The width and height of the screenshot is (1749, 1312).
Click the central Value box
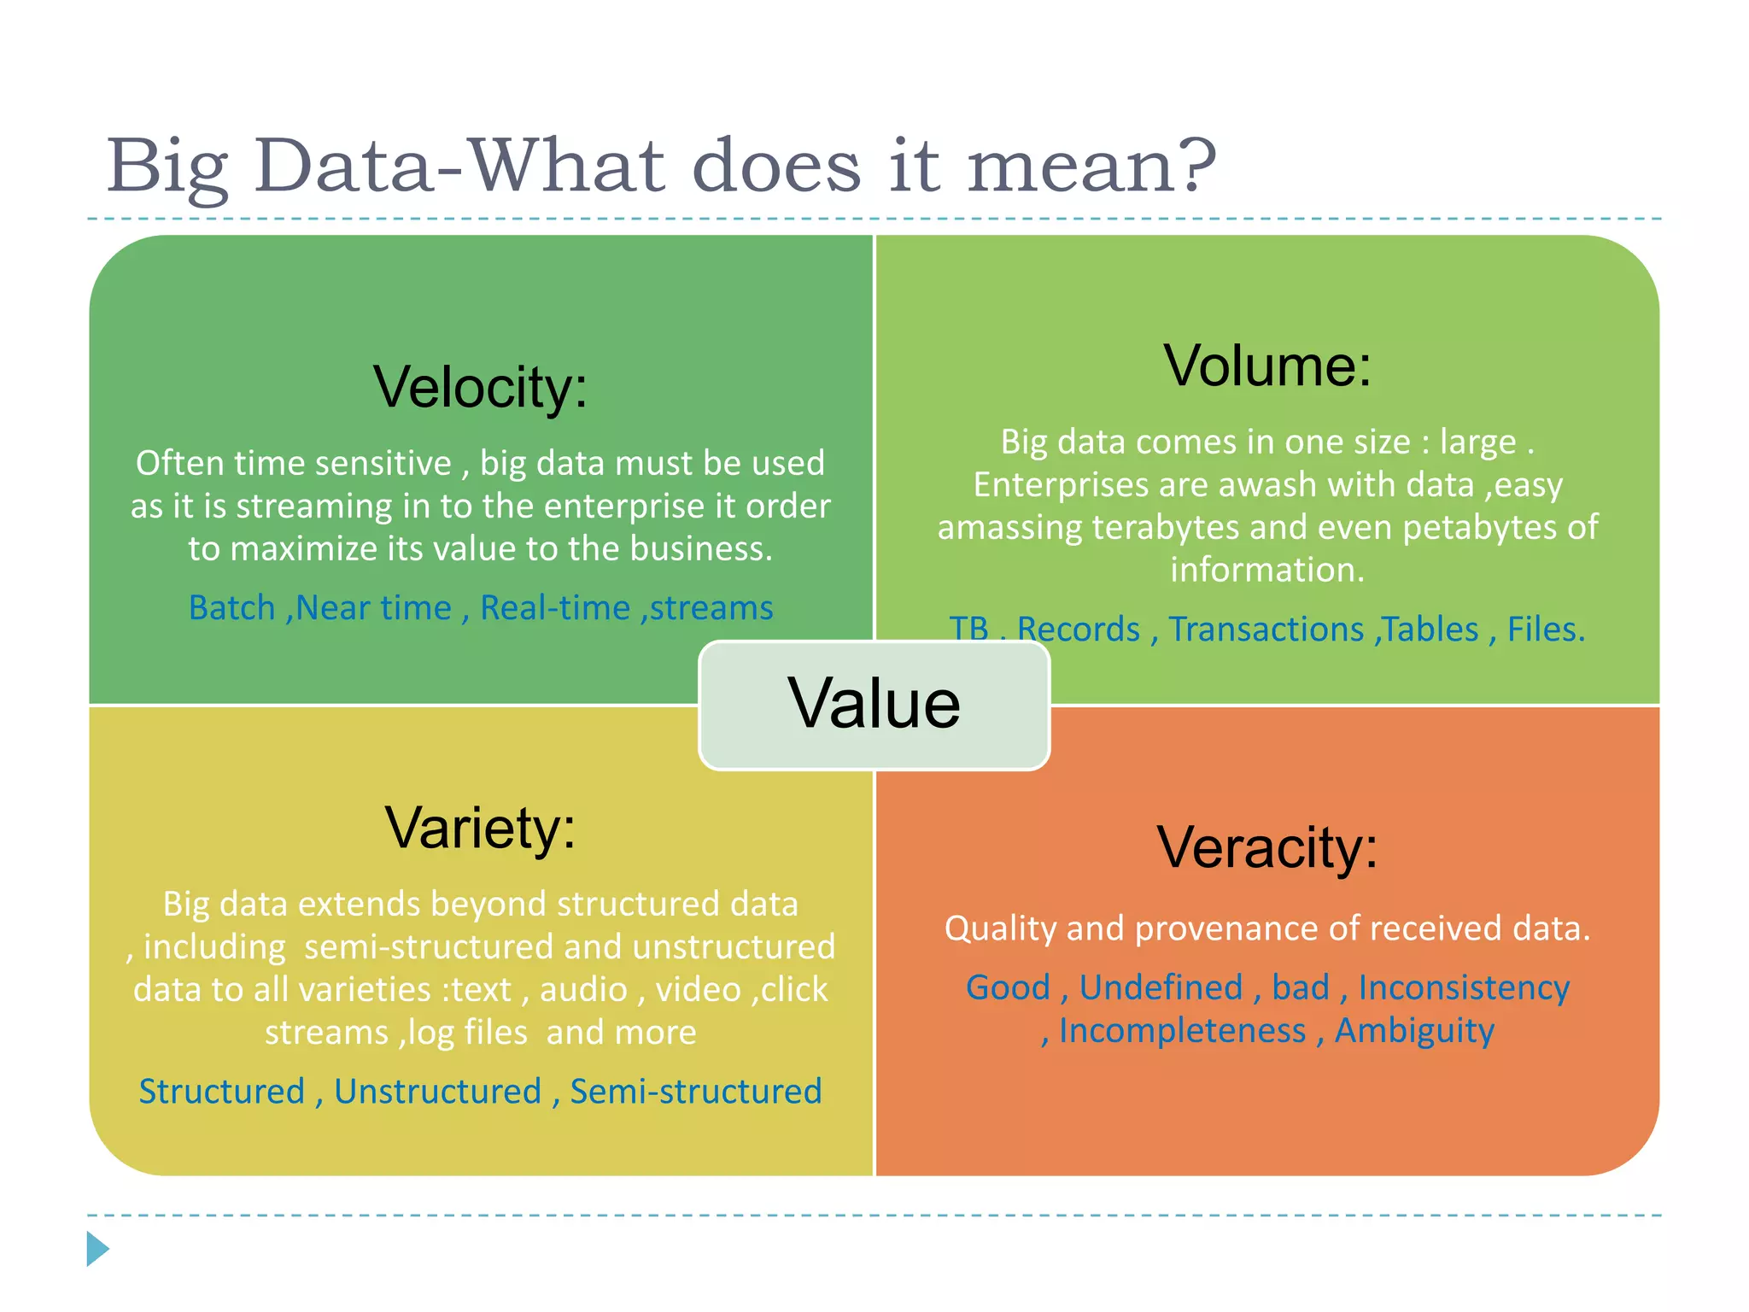(874, 705)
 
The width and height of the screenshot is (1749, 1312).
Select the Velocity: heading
(480, 388)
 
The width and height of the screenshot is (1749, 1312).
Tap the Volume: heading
(1267, 366)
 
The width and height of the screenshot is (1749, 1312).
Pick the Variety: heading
(480, 829)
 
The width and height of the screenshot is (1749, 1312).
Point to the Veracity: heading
(1267, 848)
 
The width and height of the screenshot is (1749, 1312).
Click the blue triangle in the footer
(97, 1249)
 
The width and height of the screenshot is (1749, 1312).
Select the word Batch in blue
(231, 608)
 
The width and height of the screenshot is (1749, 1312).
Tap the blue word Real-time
(555, 608)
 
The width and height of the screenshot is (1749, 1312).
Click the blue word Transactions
(1266, 630)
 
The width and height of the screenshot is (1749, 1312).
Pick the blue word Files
(1545, 630)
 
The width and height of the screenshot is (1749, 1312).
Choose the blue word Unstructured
(437, 1092)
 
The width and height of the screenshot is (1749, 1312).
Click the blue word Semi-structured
(695, 1092)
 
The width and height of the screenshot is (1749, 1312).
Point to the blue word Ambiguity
(1414, 1031)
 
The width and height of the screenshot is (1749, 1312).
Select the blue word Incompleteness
(1182, 1031)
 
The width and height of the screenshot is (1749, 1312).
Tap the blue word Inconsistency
(1464, 988)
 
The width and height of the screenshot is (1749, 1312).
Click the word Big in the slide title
(167, 167)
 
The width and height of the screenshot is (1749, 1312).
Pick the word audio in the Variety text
(583, 990)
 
